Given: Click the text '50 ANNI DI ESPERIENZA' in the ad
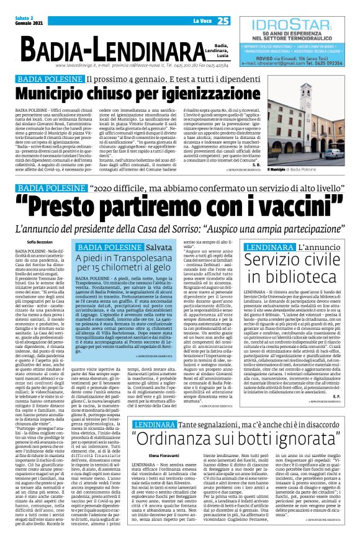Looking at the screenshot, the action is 297,33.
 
